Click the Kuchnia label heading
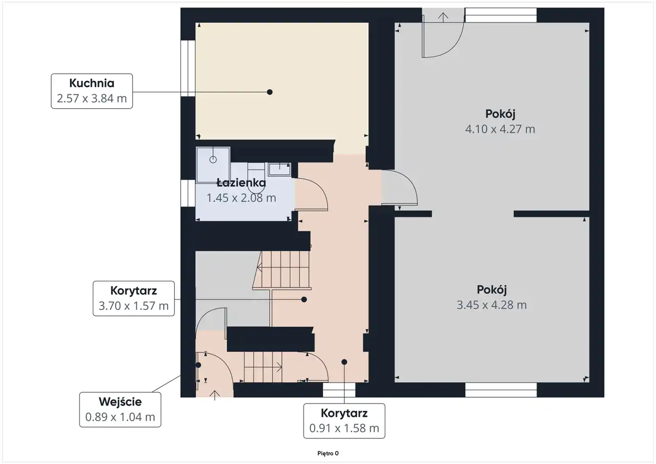(92, 83)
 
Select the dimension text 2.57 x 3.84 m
(92, 98)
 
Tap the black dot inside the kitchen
(270, 92)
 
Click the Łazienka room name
(241, 183)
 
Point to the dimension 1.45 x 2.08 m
(241, 198)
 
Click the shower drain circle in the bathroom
(213, 159)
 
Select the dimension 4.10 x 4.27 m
(500, 129)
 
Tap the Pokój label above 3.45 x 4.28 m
(491, 290)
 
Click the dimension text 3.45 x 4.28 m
(491, 305)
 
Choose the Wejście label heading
(120, 401)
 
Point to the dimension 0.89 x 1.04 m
(120, 417)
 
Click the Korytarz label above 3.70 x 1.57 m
(134, 291)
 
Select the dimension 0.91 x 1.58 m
(344, 428)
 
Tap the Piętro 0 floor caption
(328, 453)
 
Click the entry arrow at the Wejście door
(215, 395)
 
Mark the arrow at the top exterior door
(443, 17)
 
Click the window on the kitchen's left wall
(188, 68)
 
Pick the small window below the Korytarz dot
(339, 390)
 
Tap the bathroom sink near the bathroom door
(280, 169)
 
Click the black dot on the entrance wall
(198, 365)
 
